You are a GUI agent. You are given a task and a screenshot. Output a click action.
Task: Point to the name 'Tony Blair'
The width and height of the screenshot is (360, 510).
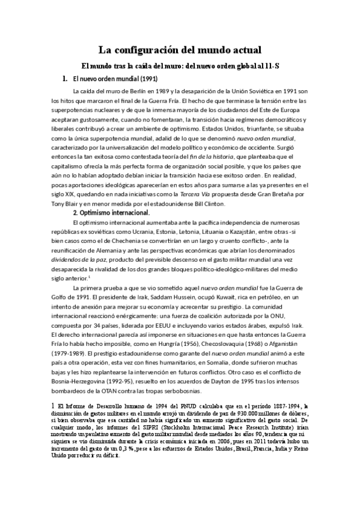pyautogui.click(x=66, y=204)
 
